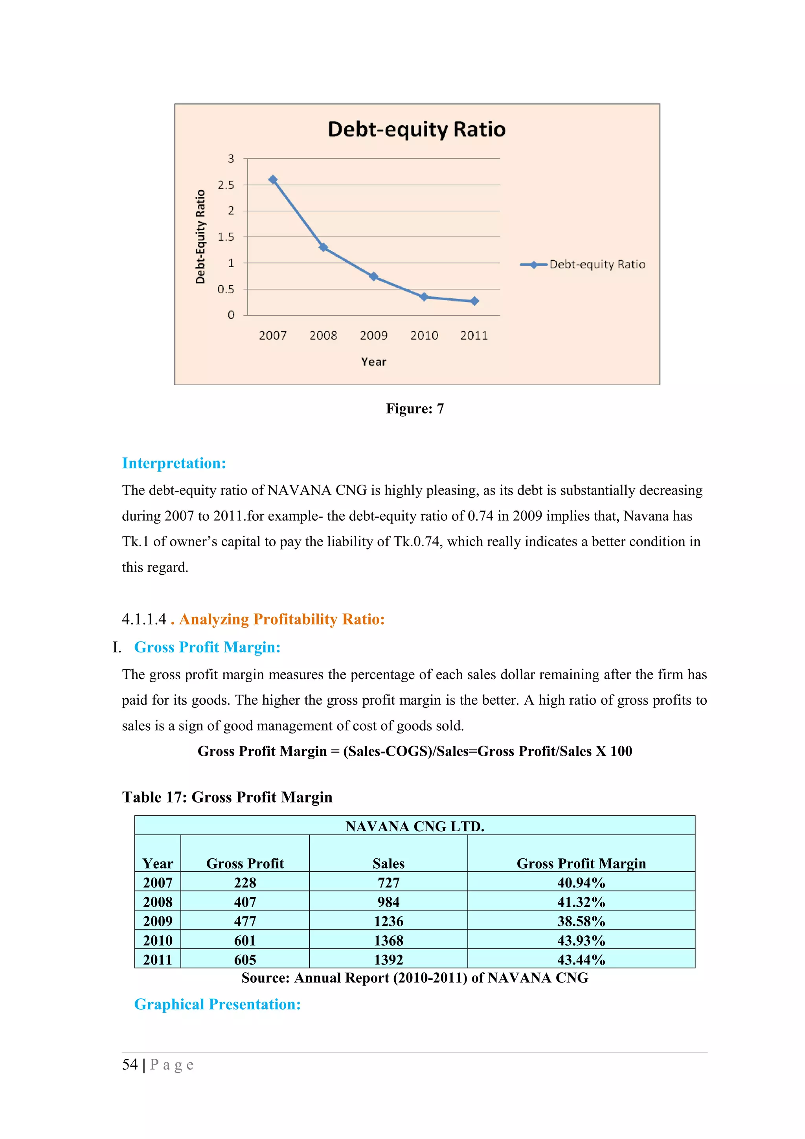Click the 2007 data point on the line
coord(273,180)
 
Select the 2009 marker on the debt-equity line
coord(374,276)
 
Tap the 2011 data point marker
coord(474,301)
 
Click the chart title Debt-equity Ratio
coord(417,129)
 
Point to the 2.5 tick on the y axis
coord(226,185)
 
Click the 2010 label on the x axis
coord(424,336)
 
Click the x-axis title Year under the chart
coord(373,362)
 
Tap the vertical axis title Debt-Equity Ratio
coord(200,237)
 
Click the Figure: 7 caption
coord(415,409)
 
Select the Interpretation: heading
coord(174,463)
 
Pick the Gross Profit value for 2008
coord(245,902)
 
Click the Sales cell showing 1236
coord(388,922)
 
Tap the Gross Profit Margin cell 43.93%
coord(581,941)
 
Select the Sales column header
coord(388,863)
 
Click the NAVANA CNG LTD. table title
coord(415,827)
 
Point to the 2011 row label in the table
coord(158,960)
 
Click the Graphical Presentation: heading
coord(217,1005)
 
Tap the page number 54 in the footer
coord(130,1065)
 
